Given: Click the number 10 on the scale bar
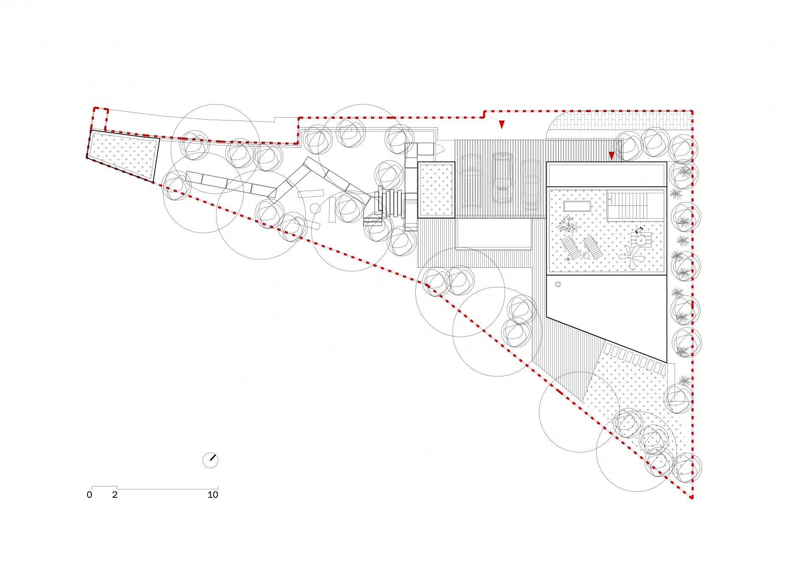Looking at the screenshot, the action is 213,495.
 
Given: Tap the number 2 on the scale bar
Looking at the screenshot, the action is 115,495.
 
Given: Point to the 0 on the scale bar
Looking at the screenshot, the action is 89,495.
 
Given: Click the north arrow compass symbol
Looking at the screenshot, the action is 210,460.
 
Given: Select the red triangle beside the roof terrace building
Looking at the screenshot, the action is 612,156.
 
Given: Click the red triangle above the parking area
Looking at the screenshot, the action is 502,124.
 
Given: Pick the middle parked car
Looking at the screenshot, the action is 503,177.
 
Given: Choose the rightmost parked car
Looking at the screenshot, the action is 531,185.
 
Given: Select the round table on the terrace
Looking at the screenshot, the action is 641,240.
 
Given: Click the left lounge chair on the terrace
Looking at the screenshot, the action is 571,248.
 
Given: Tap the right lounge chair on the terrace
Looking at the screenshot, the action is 592,248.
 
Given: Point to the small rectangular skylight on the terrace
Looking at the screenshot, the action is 577,207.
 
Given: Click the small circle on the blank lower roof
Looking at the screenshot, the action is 558,284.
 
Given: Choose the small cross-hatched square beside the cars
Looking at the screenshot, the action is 436,190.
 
